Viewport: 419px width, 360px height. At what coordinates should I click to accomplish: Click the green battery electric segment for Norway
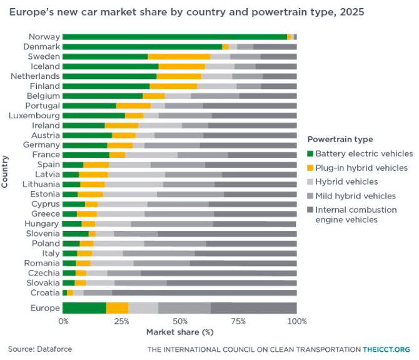(174, 37)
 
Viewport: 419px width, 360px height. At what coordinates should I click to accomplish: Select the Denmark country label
(41, 47)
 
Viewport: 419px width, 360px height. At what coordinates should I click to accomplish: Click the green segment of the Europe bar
(84, 308)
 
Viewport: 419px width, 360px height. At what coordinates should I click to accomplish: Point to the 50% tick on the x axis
(180, 321)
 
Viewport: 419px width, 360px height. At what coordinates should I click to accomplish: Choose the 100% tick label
(296, 321)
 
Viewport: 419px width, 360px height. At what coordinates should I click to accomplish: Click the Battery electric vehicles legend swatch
(310, 153)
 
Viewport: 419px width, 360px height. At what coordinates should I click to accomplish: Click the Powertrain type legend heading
(340, 139)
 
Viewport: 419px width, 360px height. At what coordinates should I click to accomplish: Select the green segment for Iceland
(111, 66)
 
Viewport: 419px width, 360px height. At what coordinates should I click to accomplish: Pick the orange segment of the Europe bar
(117, 308)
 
